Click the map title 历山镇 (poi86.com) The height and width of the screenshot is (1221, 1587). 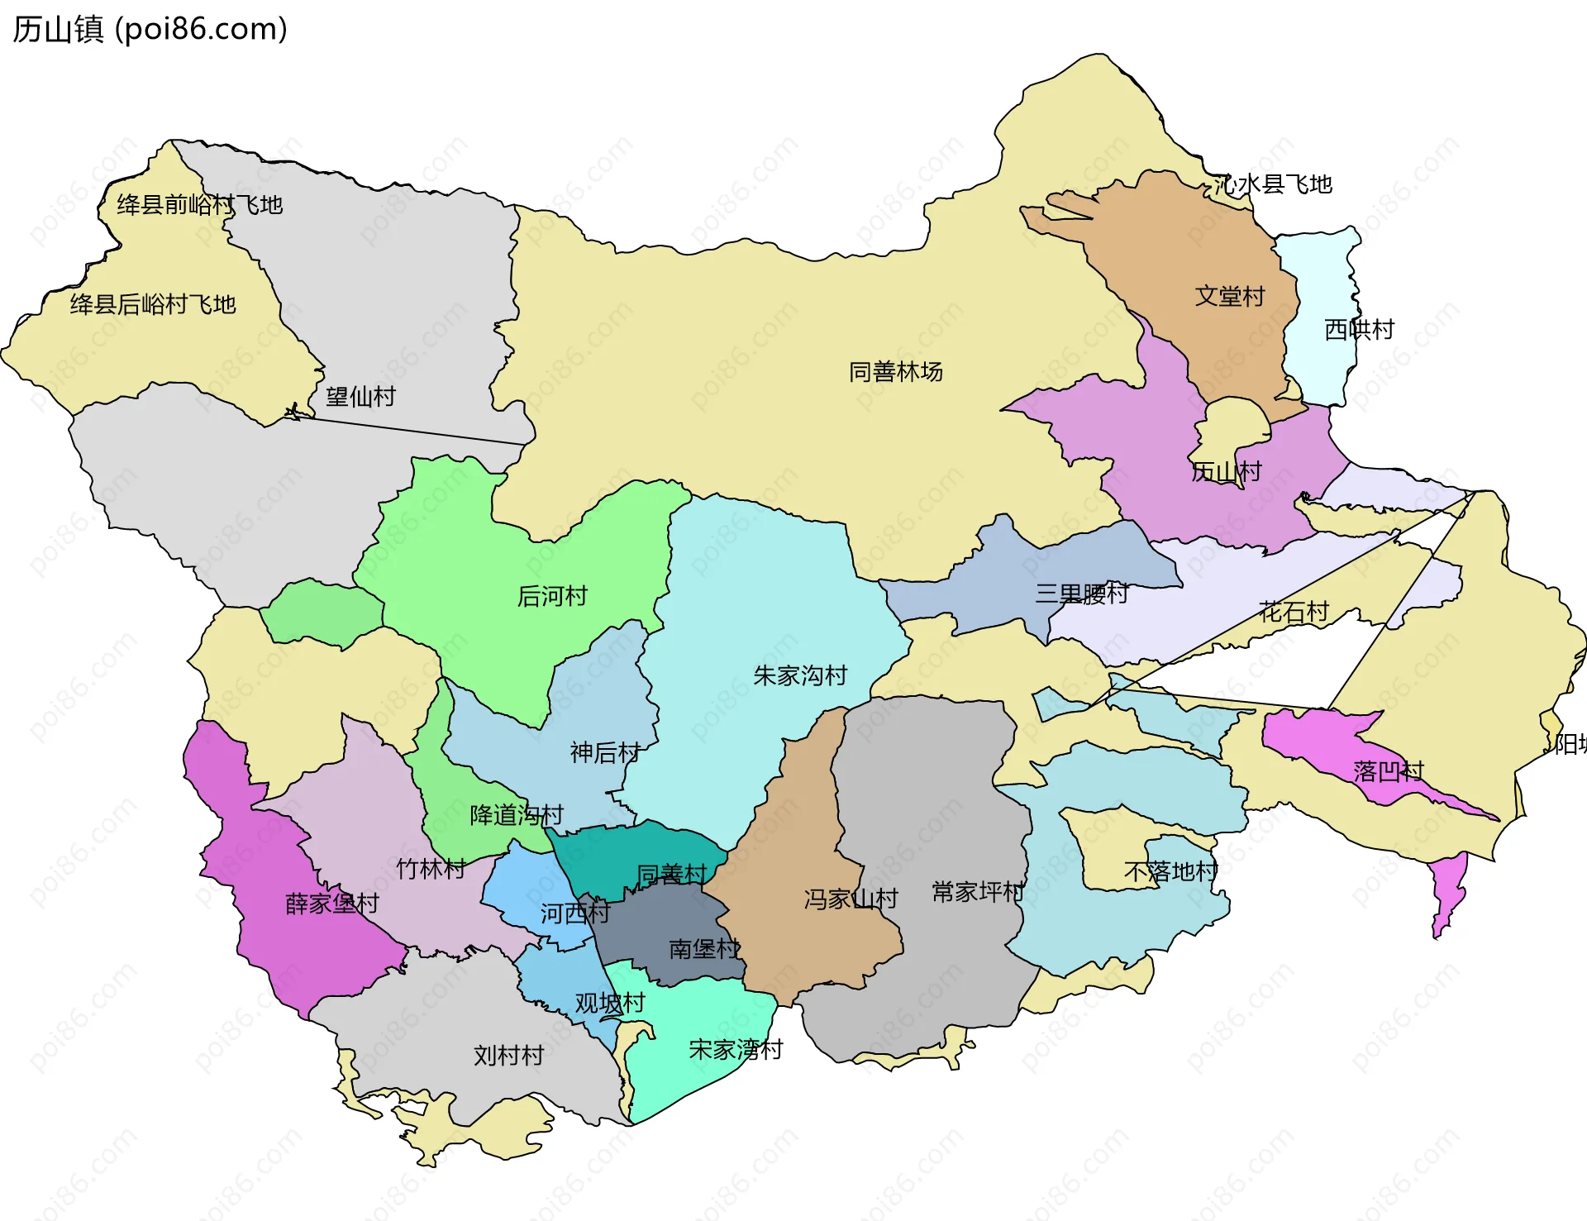point(150,29)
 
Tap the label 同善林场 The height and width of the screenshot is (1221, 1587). point(895,372)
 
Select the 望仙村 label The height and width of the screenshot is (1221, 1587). point(360,397)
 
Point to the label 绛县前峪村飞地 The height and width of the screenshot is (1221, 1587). point(199,204)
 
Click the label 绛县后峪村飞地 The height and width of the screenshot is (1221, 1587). point(153,304)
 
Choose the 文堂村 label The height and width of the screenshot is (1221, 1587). point(1229,296)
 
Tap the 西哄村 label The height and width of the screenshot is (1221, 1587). point(1359,329)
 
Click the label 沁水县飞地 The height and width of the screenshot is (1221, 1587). point(1274,184)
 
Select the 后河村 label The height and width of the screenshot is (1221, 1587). point(551,595)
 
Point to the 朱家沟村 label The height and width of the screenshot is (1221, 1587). point(800,675)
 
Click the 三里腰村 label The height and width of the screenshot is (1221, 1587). point(1081,593)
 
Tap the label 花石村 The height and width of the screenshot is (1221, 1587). point(1294,612)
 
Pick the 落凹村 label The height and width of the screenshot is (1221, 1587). point(1389,771)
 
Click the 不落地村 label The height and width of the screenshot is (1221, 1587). point(1170,871)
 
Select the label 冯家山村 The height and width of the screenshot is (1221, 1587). point(851,899)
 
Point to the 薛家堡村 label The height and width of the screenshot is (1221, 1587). point(331,904)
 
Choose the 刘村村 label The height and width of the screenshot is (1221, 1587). point(508,1056)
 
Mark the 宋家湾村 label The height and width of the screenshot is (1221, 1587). point(736,1050)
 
